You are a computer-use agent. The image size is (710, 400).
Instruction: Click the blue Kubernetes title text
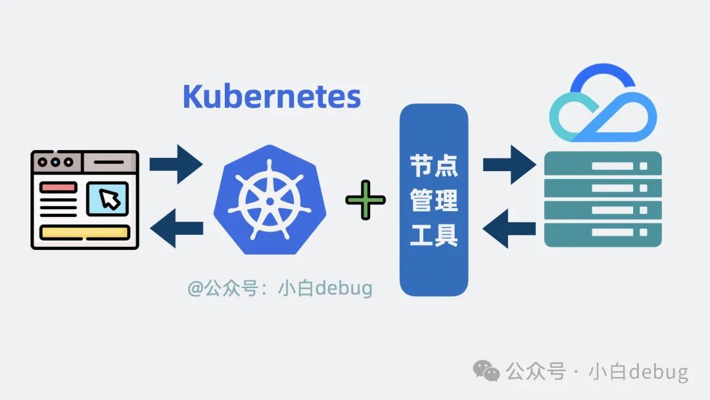[x=272, y=97]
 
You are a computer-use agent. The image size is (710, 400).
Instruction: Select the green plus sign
[x=366, y=200]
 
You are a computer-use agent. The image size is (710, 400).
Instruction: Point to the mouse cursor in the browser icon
[x=110, y=198]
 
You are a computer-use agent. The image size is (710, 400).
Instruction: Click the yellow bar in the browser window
[x=84, y=232]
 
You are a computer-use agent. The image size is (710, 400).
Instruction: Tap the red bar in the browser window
[x=58, y=187]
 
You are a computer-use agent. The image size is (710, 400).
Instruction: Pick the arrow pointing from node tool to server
[x=509, y=164]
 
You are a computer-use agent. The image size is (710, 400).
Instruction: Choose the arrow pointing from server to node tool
[x=509, y=229]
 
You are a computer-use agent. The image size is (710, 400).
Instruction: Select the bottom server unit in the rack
[x=603, y=233]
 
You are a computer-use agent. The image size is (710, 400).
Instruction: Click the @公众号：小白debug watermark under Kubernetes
[x=280, y=288]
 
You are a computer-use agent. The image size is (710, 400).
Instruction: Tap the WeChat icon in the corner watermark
[x=486, y=371]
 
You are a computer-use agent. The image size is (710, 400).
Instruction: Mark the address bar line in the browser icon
[x=108, y=161]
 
